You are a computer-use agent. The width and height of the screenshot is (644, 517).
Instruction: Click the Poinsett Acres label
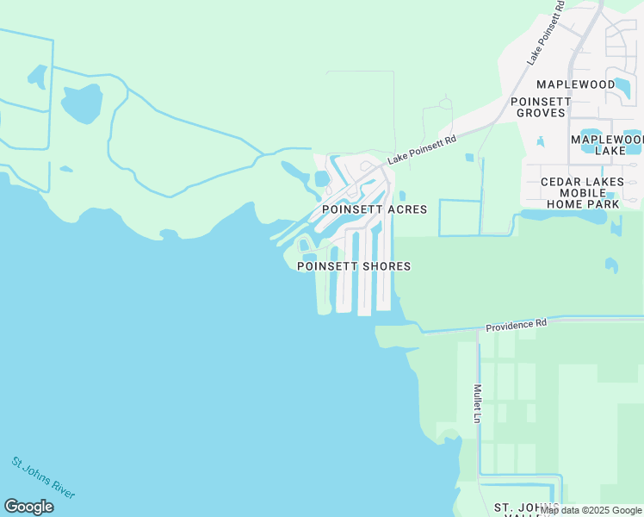[374, 209]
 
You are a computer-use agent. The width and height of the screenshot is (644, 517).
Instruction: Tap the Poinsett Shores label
[353, 266]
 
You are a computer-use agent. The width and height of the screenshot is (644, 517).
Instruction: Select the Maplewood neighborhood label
[576, 84]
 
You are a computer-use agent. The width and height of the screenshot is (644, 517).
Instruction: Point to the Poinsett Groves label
[541, 107]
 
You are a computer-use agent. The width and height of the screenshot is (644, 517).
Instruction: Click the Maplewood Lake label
[607, 145]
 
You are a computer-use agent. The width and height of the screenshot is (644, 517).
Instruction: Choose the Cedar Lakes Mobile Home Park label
[579, 193]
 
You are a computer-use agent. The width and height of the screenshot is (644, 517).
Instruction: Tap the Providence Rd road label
[516, 326]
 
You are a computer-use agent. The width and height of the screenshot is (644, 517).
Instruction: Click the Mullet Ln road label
[476, 403]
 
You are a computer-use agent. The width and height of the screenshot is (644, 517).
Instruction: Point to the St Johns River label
[43, 477]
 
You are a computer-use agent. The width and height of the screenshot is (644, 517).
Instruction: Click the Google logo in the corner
[28, 507]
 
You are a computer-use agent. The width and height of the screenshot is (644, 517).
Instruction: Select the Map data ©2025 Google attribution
[591, 510]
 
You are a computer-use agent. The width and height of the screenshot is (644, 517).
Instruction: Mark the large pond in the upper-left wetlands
[81, 104]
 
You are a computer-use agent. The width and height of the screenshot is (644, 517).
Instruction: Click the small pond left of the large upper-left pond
[37, 77]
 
